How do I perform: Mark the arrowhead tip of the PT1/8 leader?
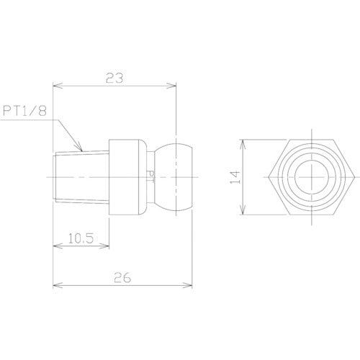pos(84,151)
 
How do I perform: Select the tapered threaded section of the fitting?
pos(81,176)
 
